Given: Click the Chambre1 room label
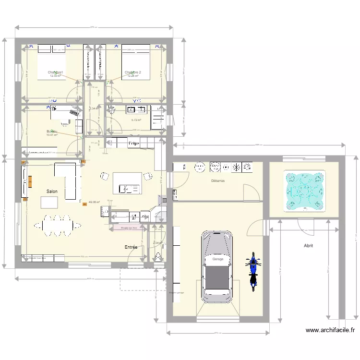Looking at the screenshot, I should click(x=56, y=72).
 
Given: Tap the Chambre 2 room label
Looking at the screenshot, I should click(x=133, y=72).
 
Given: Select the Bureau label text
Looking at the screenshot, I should click(x=52, y=131).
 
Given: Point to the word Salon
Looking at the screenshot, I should click(x=52, y=192).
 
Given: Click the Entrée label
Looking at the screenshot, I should click(x=131, y=247).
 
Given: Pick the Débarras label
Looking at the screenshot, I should click(x=218, y=181).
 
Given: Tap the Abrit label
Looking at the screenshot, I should click(x=308, y=245).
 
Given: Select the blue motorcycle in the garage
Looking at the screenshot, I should click(x=252, y=271).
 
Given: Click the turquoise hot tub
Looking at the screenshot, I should click(x=306, y=191).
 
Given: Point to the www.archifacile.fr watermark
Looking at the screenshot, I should click(x=330, y=330).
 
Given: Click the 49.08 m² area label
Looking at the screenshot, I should click(x=94, y=202).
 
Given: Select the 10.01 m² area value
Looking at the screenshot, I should click(x=52, y=135).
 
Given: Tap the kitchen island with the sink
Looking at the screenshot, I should click(x=127, y=182).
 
